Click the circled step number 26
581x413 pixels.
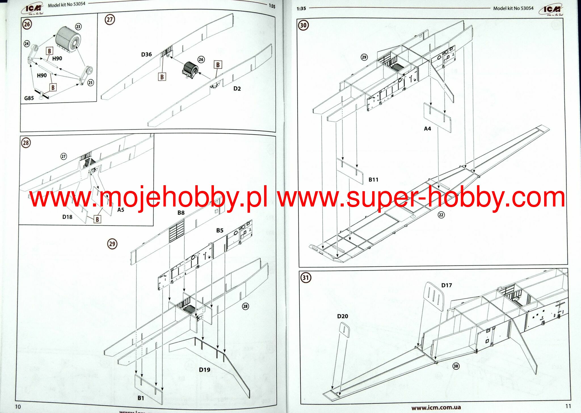(27, 24)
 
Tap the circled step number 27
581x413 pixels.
(110, 20)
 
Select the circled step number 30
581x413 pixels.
(303, 25)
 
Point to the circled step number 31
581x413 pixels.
(306, 277)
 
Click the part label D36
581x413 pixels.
(146, 54)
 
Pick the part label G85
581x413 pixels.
(29, 98)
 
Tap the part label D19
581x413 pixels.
(205, 370)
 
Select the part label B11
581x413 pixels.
(373, 180)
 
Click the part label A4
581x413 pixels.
(427, 129)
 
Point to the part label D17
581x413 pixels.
(446, 285)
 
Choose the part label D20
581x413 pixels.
(342, 316)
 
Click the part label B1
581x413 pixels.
(141, 398)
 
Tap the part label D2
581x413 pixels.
(237, 89)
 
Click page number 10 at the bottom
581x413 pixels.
(18, 406)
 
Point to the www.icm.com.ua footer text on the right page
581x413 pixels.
(436, 408)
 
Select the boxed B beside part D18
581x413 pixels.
(97, 219)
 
